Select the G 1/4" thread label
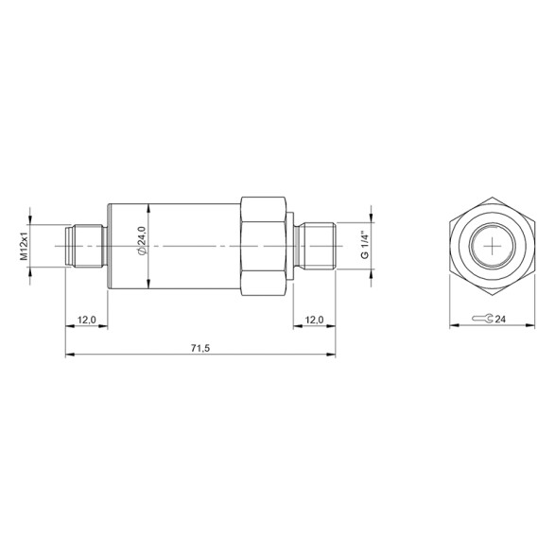coord(363,245)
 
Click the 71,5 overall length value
coord(199,348)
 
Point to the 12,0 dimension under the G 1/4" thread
coord(314,321)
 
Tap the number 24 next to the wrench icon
coord(501,321)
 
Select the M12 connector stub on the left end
coord(86,246)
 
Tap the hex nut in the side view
coord(264,246)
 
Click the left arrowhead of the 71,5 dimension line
coord(68,356)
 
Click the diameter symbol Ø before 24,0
coord(141,252)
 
